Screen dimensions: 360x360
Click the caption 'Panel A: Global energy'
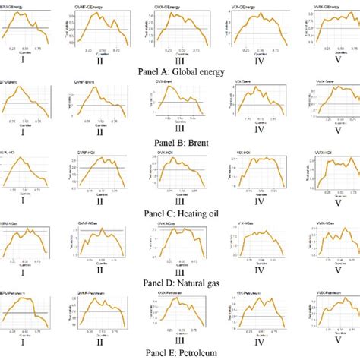point(180,69)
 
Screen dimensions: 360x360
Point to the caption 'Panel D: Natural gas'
point(180,280)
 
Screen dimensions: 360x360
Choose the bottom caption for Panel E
point(180,351)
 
